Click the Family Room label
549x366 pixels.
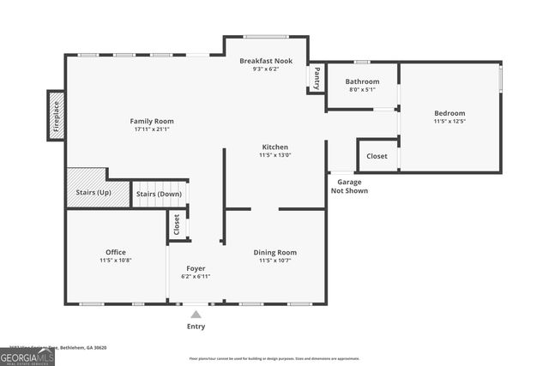pyautogui.click(x=152, y=122)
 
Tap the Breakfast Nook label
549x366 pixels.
pyautogui.click(x=266, y=62)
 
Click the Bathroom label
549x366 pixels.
pyautogui.click(x=361, y=82)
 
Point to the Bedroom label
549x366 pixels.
pyautogui.click(x=449, y=113)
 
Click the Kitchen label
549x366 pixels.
pyautogui.click(x=274, y=147)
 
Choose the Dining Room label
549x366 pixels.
pyautogui.click(x=274, y=252)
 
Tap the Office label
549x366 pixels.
pyautogui.click(x=115, y=252)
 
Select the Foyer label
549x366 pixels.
pyautogui.click(x=196, y=268)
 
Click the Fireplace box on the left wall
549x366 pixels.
pyautogui.click(x=56, y=116)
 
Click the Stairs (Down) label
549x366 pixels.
pyautogui.click(x=159, y=195)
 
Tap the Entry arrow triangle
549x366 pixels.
pyautogui.click(x=196, y=315)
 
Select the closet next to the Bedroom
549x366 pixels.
pyautogui.click(x=377, y=156)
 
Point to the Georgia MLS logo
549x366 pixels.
pyautogui.click(x=27, y=355)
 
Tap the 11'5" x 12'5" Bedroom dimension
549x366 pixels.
pyautogui.click(x=449, y=123)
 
